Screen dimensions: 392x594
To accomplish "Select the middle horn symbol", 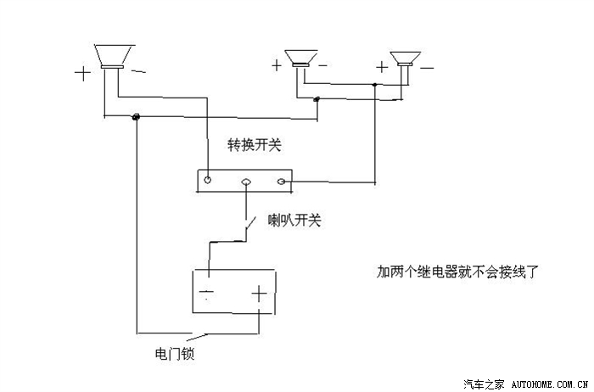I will [x=300, y=59].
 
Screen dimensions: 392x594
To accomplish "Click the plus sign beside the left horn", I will [x=82, y=73].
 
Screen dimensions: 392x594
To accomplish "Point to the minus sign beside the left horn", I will [x=138, y=74].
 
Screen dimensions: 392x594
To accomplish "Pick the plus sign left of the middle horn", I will [x=277, y=64].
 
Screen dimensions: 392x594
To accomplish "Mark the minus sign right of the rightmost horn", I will [x=427, y=66].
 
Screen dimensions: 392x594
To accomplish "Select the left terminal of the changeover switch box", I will [x=207, y=181].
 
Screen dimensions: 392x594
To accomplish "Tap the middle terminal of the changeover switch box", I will [x=246, y=182].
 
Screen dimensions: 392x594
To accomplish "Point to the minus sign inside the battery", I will [x=207, y=296].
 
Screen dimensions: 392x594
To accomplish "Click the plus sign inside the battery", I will [x=258, y=296].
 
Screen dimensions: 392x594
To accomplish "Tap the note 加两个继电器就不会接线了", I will [x=458, y=272].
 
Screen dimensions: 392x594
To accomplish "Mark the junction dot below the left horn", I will [x=136, y=116].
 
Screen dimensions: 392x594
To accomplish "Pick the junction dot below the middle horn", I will [x=317, y=100].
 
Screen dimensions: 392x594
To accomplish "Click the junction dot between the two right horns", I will [x=374, y=85].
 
